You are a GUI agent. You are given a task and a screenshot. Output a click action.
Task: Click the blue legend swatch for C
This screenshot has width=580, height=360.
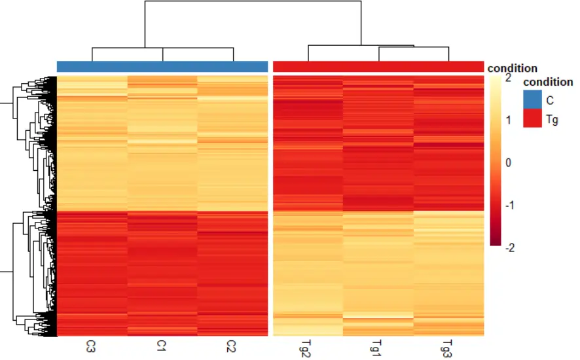(x=532, y=99)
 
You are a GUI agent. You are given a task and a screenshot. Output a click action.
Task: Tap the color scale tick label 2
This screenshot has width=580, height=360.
(x=508, y=77)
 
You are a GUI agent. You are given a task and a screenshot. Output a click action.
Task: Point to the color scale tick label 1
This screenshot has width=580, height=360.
(x=508, y=120)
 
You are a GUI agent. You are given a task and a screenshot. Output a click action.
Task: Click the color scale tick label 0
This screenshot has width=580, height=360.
(x=508, y=162)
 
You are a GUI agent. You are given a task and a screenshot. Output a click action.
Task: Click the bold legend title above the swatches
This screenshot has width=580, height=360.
(x=548, y=82)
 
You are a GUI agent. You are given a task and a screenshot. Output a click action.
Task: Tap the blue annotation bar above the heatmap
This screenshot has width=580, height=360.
(x=162, y=66)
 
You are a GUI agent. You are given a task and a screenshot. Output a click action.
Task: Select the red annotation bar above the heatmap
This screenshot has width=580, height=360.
(x=378, y=66)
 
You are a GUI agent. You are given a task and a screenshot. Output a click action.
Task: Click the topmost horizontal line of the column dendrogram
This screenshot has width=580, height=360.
(x=253, y=1)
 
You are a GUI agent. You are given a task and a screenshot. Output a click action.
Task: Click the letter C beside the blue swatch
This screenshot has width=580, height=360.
(x=551, y=100)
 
